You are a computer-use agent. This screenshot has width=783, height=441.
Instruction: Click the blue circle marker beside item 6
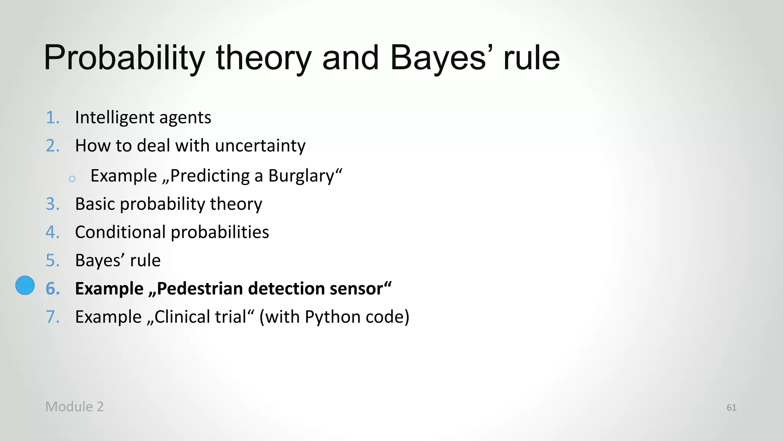coord(25,286)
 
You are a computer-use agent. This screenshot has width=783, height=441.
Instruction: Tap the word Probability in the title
coord(125,58)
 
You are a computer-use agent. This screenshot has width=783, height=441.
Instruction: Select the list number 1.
coord(52,118)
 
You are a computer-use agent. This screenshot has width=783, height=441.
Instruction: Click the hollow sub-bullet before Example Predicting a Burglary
coord(72,178)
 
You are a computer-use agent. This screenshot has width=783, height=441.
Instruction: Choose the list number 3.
coord(52,204)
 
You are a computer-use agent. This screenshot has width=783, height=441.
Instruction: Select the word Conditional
coord(120,232)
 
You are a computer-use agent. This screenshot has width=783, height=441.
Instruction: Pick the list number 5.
coord(52,261)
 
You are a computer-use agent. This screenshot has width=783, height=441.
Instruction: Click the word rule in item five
coord(145,261)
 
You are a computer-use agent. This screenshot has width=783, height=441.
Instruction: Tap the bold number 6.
coord(52,289)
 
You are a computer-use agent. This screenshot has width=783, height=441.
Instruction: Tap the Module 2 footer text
coord(75,407)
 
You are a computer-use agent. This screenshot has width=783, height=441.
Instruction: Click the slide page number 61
coord(731,408)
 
